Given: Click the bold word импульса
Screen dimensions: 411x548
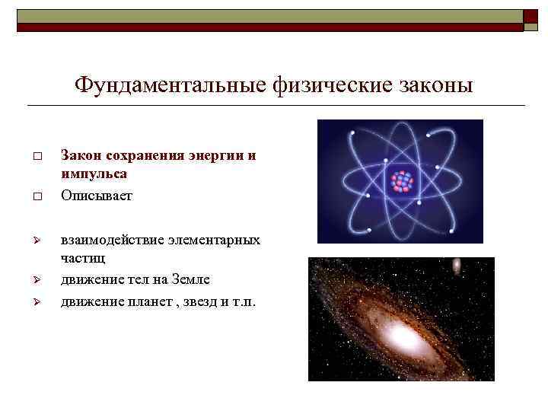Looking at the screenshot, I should click(x=94, y=174).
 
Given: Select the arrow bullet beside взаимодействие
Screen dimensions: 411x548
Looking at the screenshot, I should click(x=36, y=241).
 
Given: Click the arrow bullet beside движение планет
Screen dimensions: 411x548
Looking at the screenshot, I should click(x=36, y=303).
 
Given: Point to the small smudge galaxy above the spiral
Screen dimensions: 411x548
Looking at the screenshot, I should click(x=456, y=266).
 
